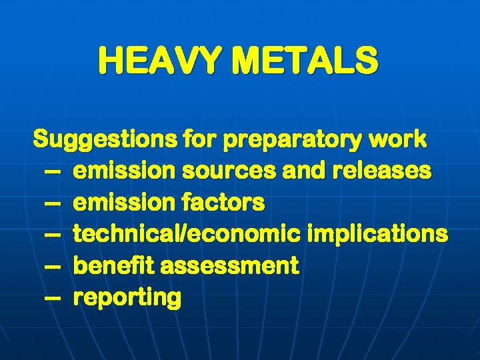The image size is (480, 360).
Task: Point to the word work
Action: coord(401,139)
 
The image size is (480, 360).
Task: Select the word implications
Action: coord(378,234)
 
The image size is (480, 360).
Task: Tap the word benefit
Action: coord(113,266)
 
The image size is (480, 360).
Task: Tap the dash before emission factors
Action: coord(53,203)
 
